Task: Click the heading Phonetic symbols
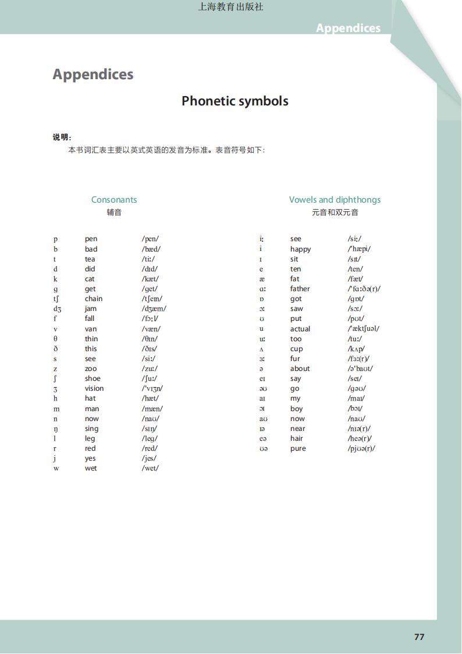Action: coord(234,101)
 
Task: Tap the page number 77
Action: coord(419,637)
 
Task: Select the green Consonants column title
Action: coord(114,199)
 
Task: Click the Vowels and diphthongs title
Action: coord(335,199)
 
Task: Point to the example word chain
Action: coord(93,299)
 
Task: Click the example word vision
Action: coord(94,388)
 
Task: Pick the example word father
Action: coord(300,289)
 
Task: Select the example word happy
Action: coord(300,249)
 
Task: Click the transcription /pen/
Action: coord(150,239)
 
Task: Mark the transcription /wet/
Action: coord(150,468)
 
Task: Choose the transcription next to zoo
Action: coord(150,369)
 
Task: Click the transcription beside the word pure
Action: coord(361,448)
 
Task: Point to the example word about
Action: coord(300,369)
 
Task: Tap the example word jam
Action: coord(90,309)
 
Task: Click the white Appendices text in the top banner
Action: coord(348,28)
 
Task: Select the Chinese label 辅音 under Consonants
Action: coord(114,213)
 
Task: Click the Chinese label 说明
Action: coord(61,137)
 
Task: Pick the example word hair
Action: coord(296,439)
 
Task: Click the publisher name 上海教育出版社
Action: coord(231,7)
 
